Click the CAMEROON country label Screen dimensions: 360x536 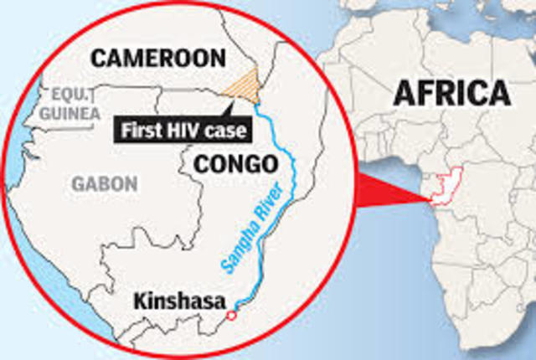tap(158, 59)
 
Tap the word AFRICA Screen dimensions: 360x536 tap(452, 93)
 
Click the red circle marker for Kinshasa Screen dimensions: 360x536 tap(231, 316)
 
